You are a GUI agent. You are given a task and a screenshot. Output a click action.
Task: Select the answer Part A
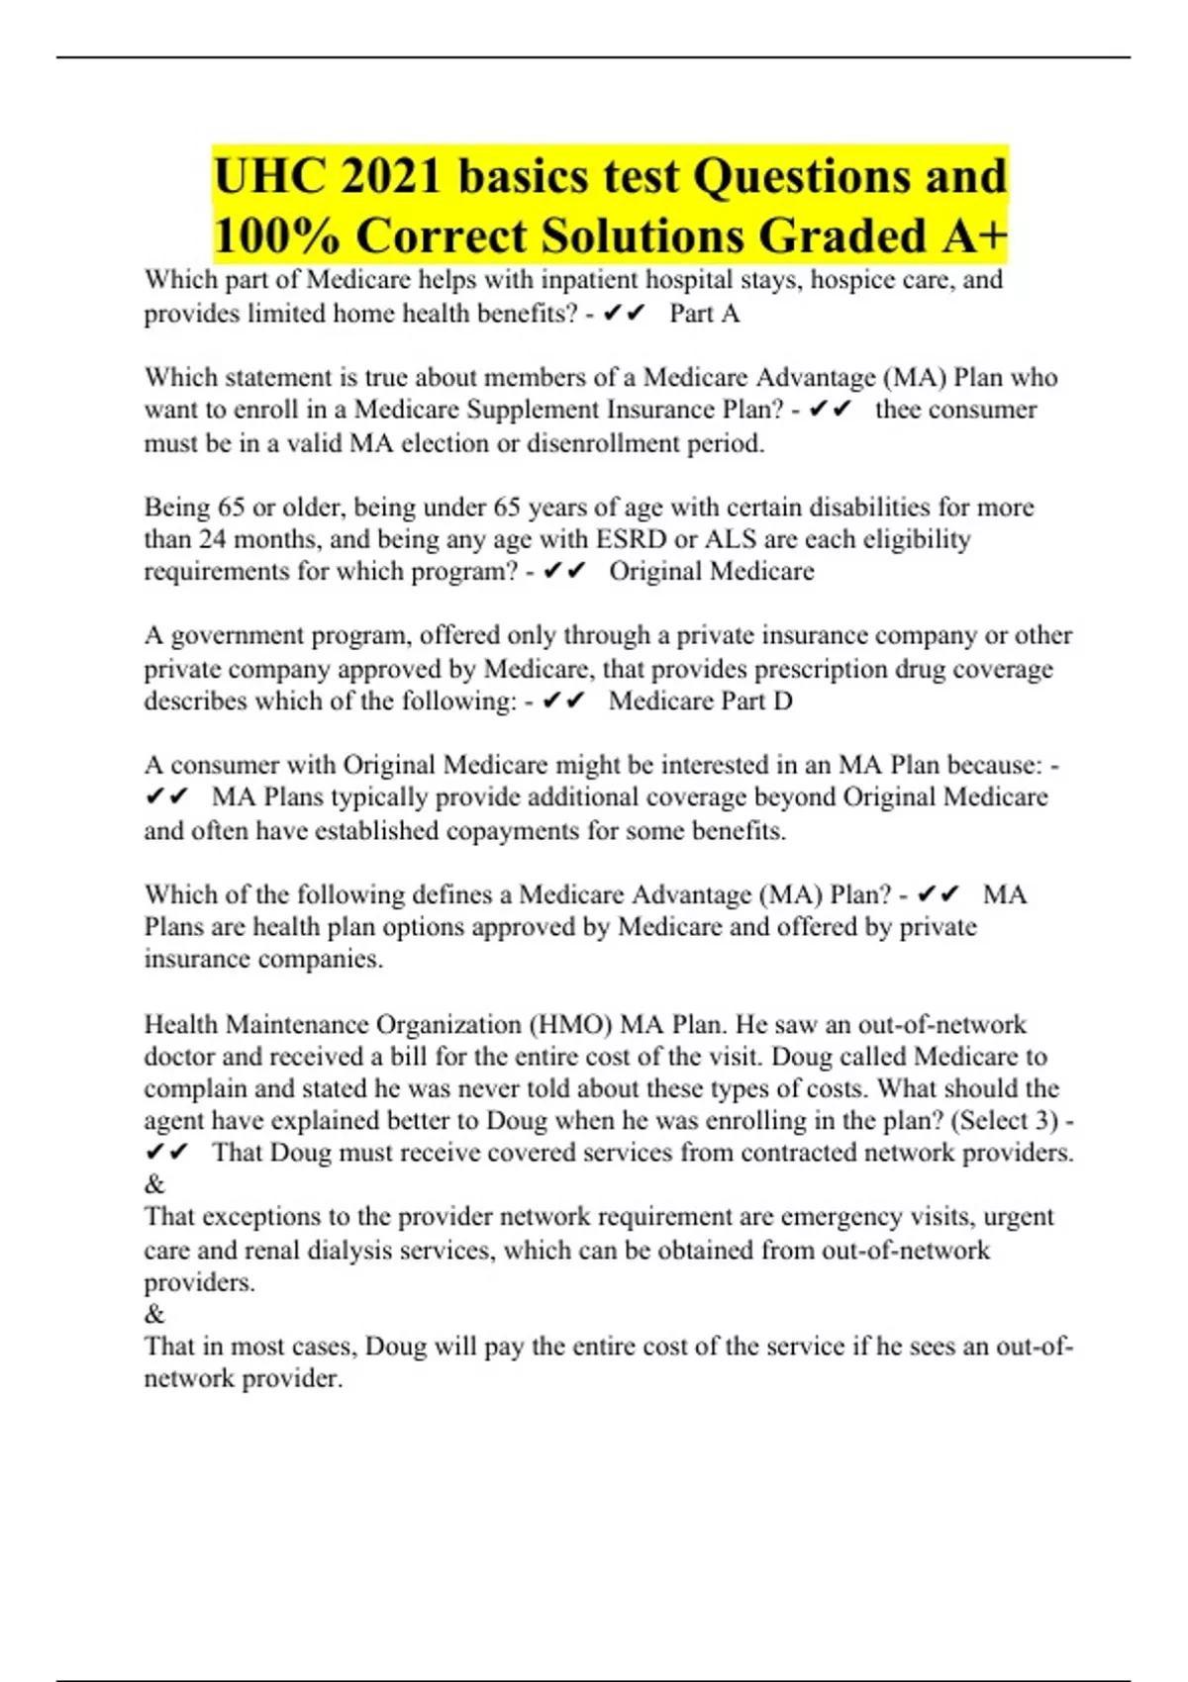[704, 314]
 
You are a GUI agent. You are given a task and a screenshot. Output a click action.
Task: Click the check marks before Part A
[624, 314]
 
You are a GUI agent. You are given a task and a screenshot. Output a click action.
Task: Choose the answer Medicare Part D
[700, 701]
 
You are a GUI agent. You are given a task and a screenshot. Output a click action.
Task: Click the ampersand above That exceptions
[154, 1184]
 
